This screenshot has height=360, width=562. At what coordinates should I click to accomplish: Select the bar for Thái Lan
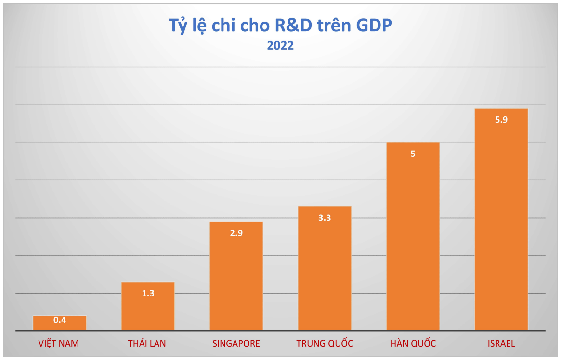[x=148, y=310]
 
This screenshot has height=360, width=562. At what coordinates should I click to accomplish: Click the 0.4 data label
[x=60, y=320]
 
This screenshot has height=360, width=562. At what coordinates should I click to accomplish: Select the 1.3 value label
[x=148, y=293]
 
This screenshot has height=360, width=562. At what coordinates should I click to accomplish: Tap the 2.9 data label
[x=236, y=233]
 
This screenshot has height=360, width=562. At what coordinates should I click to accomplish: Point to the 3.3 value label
[x=325, y=218]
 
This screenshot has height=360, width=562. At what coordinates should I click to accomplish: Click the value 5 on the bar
[x=413, y=154]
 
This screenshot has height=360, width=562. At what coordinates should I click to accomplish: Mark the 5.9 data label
[x=501, y=120]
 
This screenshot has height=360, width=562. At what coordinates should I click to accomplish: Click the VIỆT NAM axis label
[x=59, y=344]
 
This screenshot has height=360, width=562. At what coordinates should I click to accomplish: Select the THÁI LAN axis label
[x=147, y=344]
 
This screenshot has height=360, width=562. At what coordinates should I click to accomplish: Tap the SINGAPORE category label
[x=236, y=344]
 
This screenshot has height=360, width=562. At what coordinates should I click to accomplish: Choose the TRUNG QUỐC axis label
[x=325, y=344]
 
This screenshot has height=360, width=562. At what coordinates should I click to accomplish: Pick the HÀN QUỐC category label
[x=413, y=344]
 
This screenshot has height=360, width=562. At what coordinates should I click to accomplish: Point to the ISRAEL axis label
[x=501, y=344]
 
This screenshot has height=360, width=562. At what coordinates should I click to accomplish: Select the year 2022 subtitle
[x=280, y=46]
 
